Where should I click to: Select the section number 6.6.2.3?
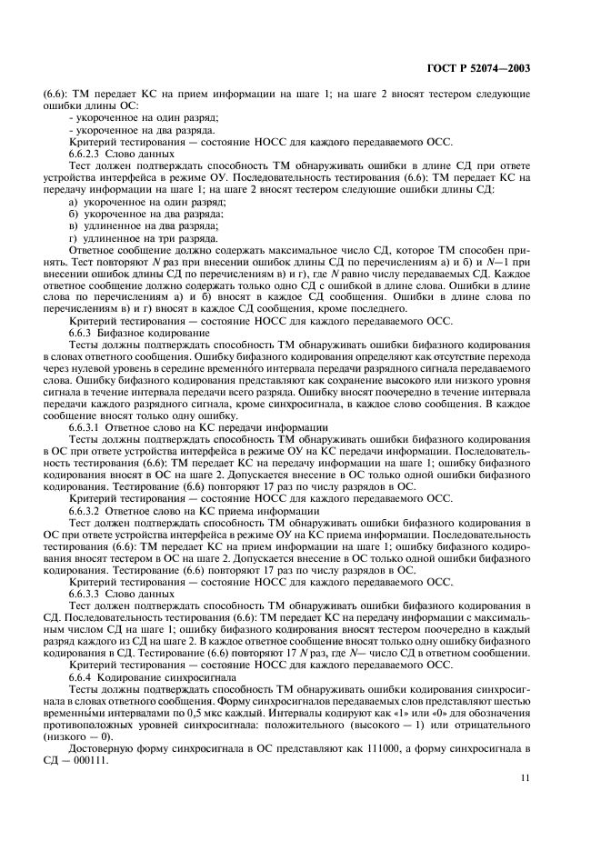[85, 154]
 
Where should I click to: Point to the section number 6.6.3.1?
[85, 426]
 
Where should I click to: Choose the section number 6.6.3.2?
[85, 510]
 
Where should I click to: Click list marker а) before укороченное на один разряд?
[75, 202]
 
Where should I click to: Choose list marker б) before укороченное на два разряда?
[75, 214]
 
